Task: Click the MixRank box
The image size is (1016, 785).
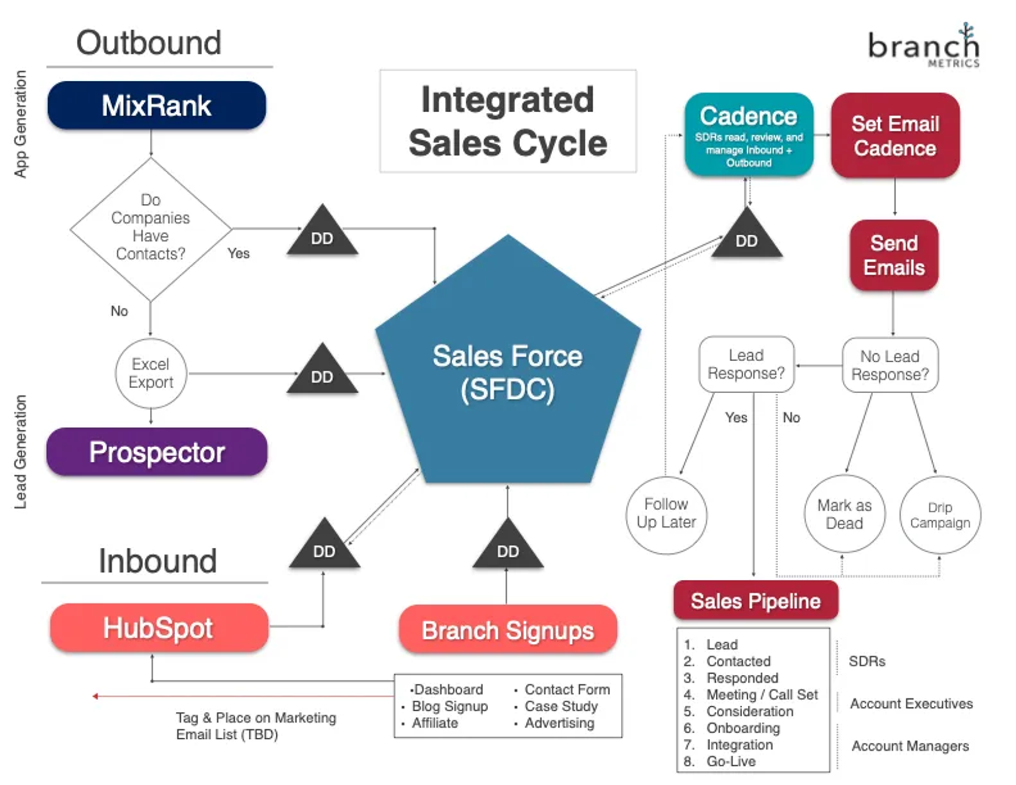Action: [x=156, y=105]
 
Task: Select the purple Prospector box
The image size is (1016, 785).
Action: [x=156, y=452]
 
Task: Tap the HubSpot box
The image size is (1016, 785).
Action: [x=158, y=627]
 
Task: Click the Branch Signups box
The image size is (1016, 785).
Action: [x=507, y=630]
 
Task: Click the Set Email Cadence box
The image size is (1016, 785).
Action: [x=895, y=136]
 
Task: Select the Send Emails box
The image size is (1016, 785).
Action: [x=894, y=255]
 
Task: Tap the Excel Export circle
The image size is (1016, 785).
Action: [x=151, y=373]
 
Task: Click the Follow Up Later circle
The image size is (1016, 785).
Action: [x=666, y=514]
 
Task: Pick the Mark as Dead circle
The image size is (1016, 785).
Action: [x=844, y=514]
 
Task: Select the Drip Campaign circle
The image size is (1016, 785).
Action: [x=940, y=515]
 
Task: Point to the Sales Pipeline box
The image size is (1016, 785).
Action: [x=755, y=601]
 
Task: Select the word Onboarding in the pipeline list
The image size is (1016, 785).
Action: [x=743, y=728]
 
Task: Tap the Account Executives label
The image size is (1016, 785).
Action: [x=911, y=703]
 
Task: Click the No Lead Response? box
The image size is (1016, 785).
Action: [x=890, y=365]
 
